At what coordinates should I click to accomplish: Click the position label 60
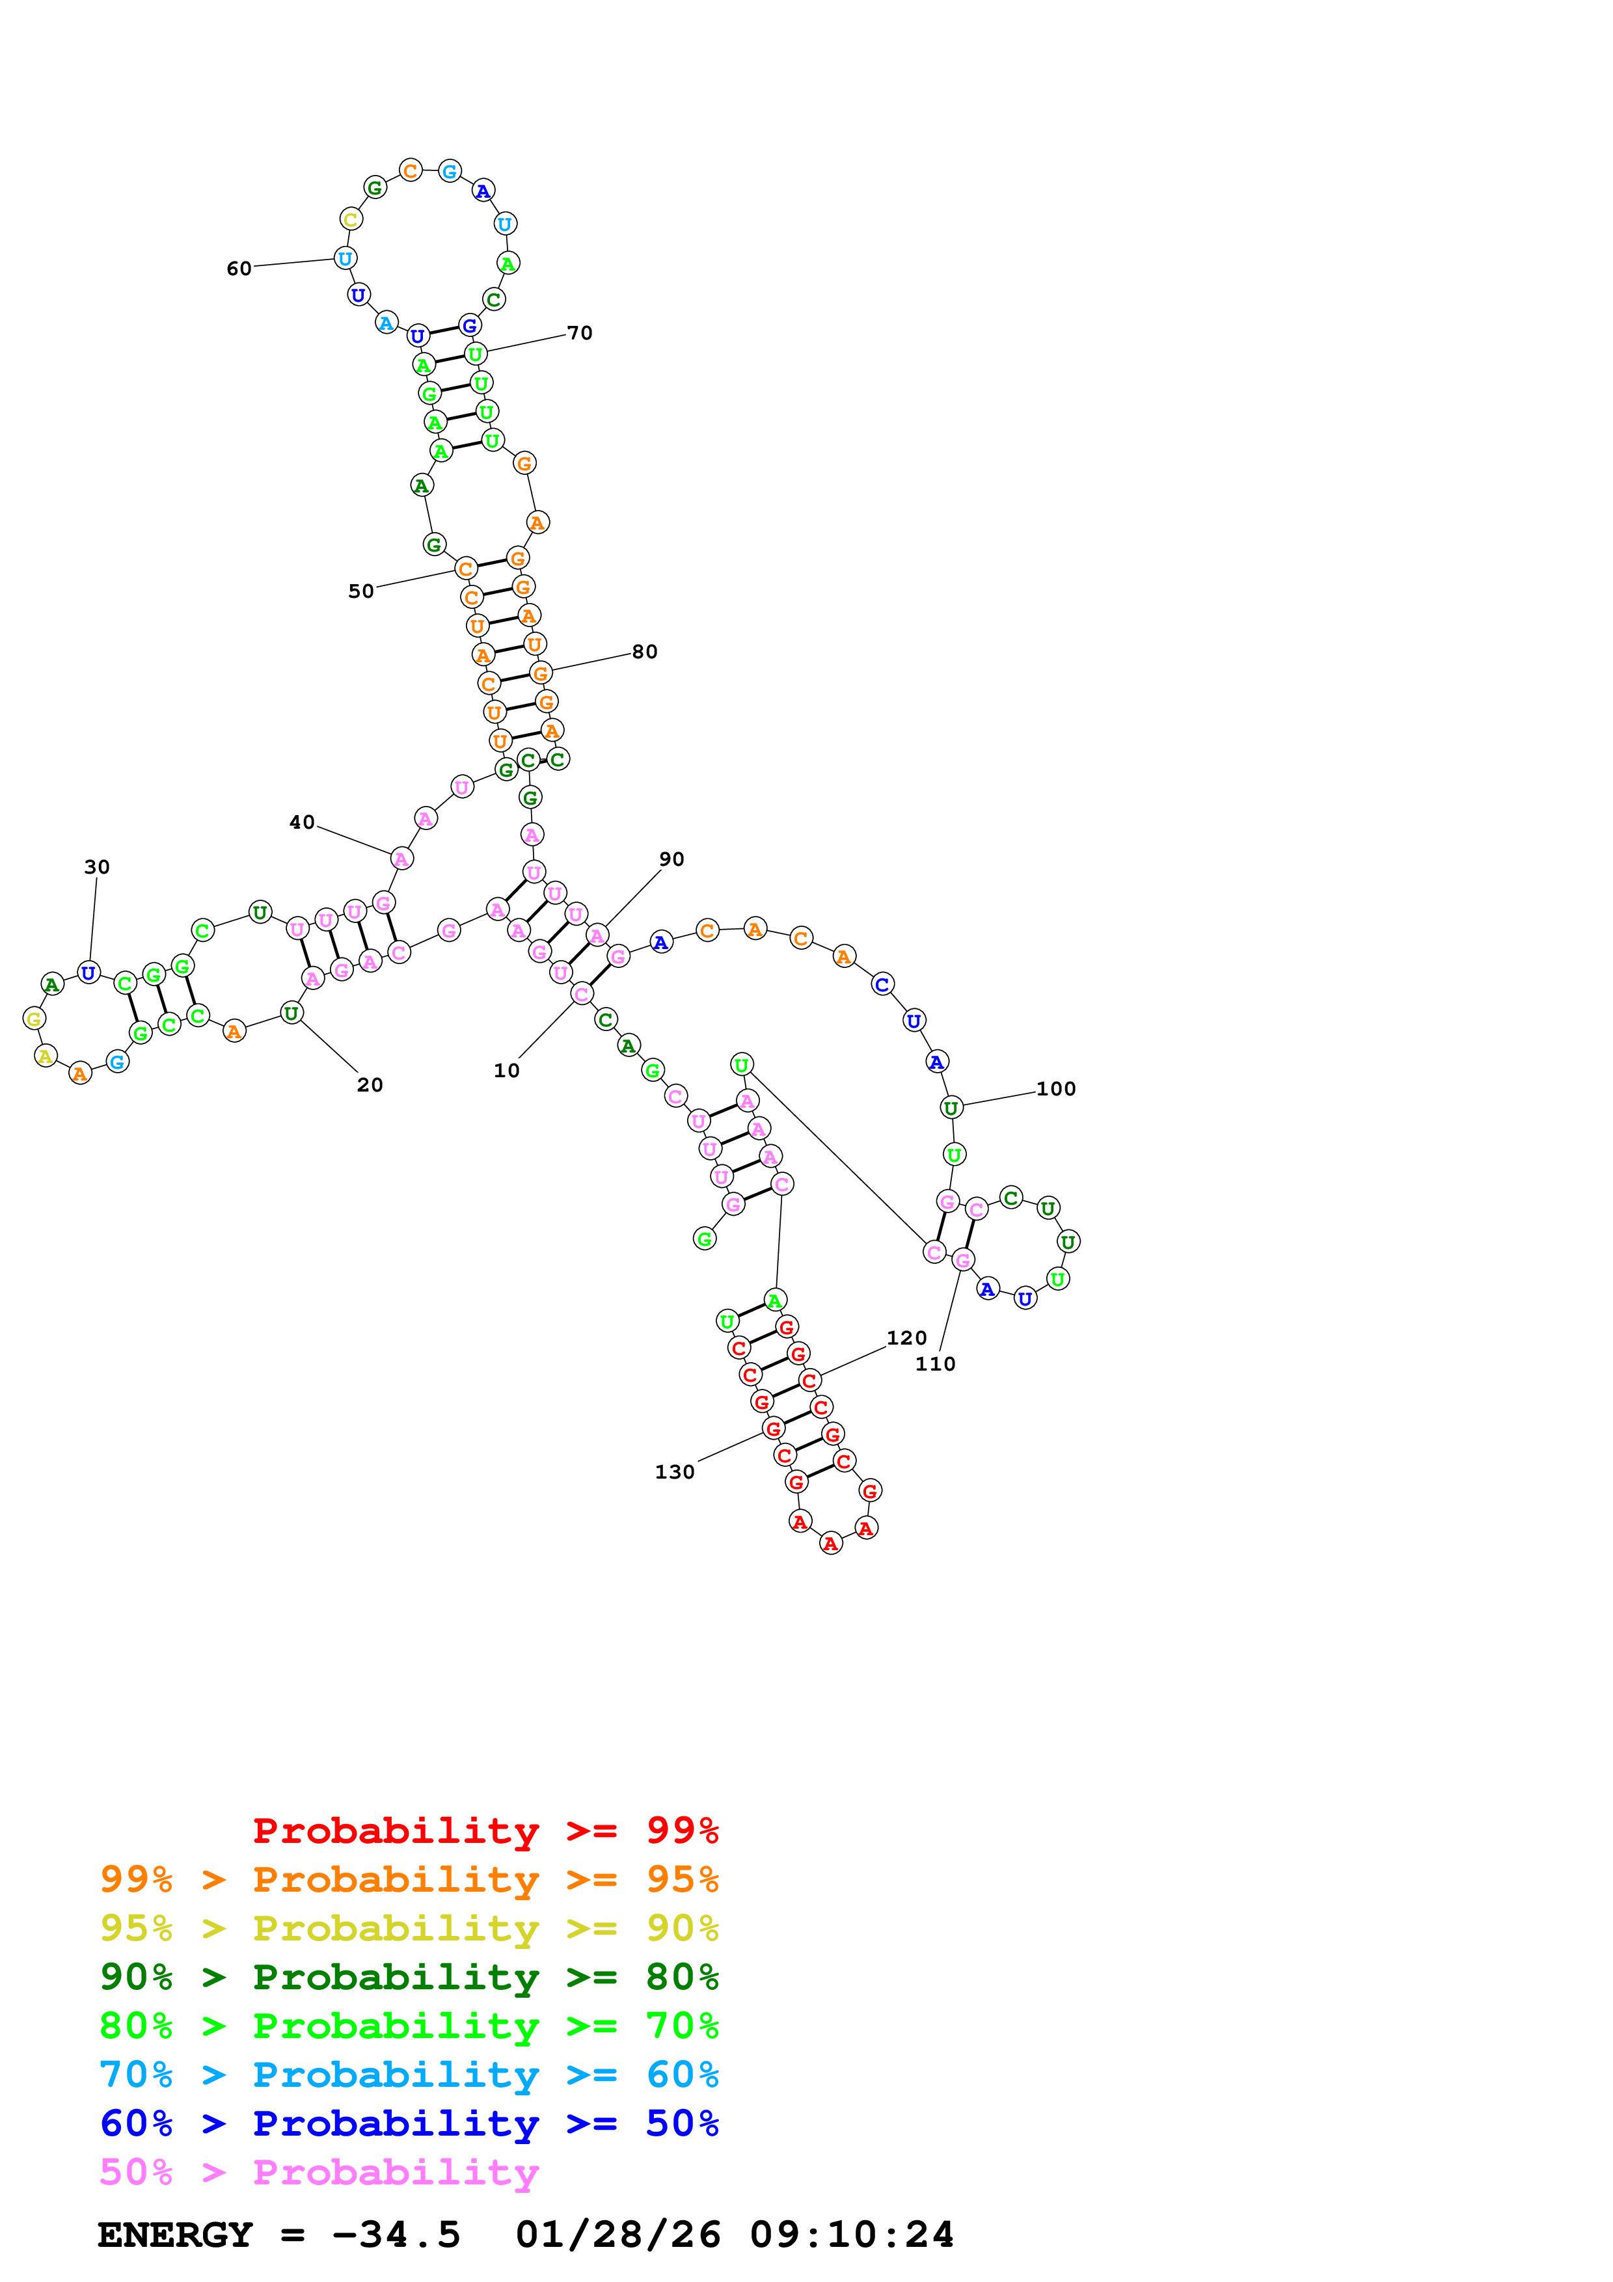point(239,269)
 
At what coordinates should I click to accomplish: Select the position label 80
point(645,652)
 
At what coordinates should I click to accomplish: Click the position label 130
point(675,1472)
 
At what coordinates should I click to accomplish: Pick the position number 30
point(96,866)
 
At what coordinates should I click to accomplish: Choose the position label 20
point(370,1085)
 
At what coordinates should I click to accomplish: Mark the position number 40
point(302,822)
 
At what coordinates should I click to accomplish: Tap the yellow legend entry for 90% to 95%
point(409,1928)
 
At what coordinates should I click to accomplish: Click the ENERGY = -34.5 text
point(279,2235)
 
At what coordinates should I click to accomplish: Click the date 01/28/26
point(618,2235)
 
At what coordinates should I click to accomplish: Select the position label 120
point(906,1338)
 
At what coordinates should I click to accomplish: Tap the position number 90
point(672,859)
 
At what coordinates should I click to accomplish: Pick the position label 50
point(360,591)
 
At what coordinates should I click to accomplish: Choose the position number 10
point(507,1071)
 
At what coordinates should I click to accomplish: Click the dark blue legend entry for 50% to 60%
point(409,2123)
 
